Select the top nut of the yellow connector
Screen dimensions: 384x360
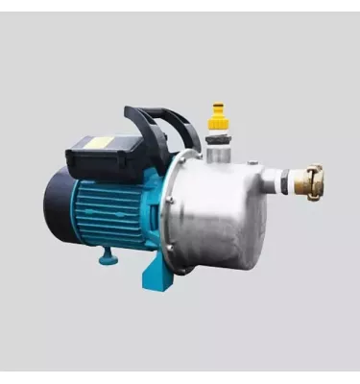(x=219, y=108)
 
